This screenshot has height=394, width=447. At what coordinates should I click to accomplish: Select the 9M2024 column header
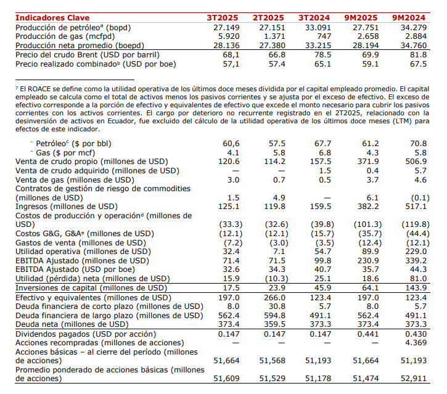pos(409,17)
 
